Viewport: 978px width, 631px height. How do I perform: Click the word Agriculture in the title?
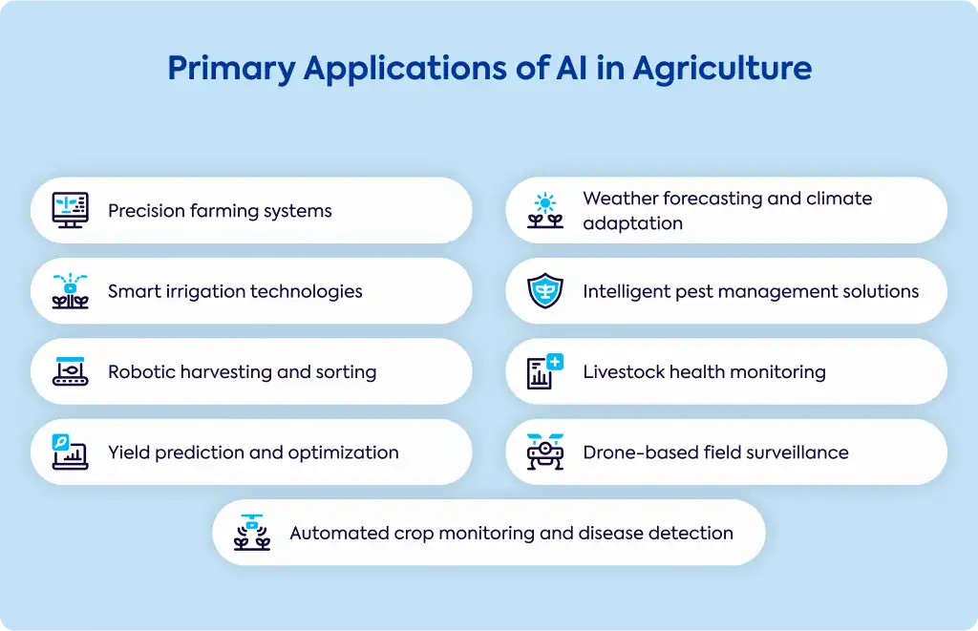click(x=722, y=69)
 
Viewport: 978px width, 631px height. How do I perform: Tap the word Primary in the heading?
click(x=231, y=69)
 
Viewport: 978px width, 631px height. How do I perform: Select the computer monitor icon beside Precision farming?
click(x=70, y=210)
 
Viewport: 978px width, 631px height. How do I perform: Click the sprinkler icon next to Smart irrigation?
click(x=70, y=290)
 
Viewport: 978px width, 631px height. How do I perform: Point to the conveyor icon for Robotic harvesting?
click(x=70, y=371)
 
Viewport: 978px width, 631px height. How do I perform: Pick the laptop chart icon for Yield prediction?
click(x=70, y=452)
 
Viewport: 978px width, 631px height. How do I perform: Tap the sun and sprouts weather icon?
click(x=545, y=210)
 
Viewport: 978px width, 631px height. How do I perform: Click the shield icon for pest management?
click(x=545, y=290)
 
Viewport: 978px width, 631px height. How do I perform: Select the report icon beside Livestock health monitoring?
click(x=545, y=371)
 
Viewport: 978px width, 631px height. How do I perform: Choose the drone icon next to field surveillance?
click(x=545, y=452)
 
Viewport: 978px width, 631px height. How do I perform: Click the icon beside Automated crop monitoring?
click(x=252, y=532)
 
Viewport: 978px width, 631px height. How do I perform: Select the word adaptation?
click(x=633, y=223)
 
